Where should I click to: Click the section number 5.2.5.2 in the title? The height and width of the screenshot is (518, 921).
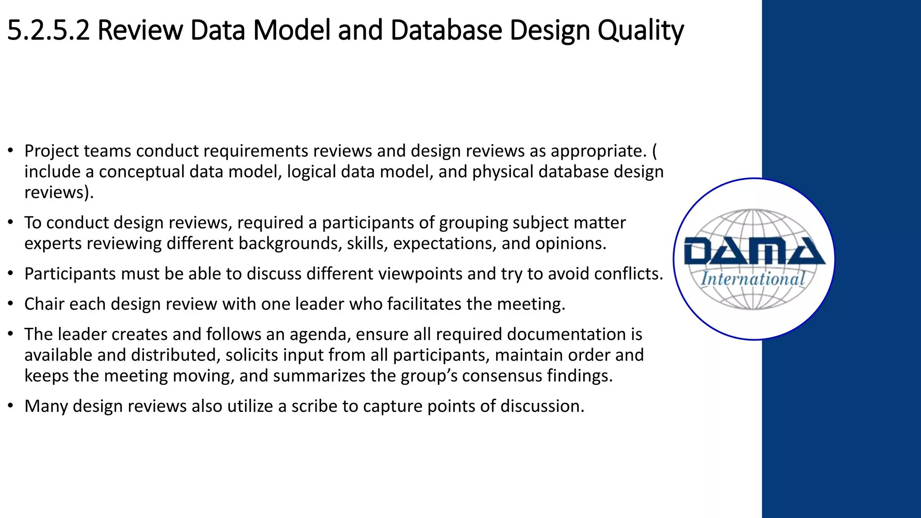click(49, 31)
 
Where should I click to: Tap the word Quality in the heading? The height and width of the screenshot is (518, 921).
click(640, 31)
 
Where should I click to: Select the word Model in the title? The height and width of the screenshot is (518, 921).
click(292, 31)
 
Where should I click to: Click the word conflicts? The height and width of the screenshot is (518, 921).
click(628, 274)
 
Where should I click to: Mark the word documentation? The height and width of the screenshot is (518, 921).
click(567, 335)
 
